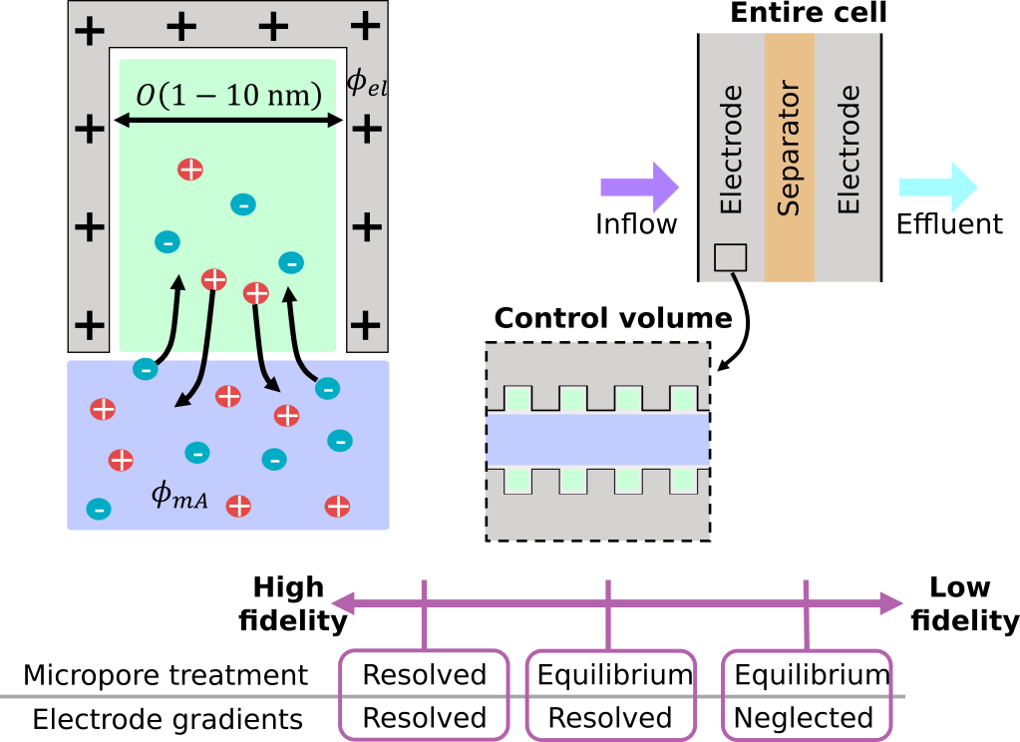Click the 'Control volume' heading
613,318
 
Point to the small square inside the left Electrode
731,256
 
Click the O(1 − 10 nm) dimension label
229,96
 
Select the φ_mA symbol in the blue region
179,495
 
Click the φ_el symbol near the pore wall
366,84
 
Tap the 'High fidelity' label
290,603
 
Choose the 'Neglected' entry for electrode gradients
804,717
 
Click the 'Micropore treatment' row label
166,675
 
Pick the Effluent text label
949,223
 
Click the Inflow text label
636,223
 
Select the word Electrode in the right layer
849,150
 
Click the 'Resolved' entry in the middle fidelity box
610,717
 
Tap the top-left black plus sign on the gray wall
90,30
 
